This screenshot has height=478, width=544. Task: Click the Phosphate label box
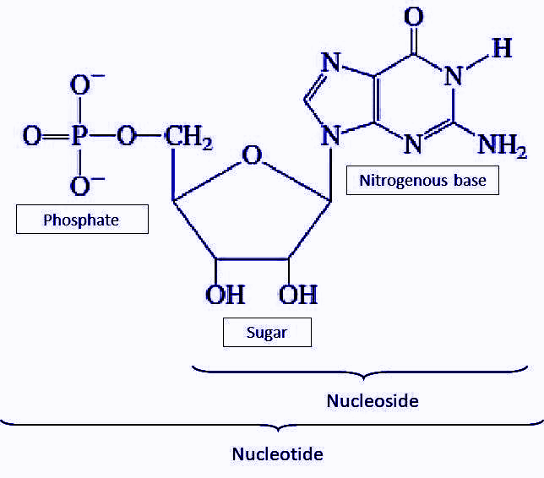pos(82,220)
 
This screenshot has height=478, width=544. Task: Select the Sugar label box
pos(267,332)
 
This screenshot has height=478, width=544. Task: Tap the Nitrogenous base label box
pos(422,180)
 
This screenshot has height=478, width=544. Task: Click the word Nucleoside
pos(373,400)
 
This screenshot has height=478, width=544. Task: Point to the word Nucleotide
pos(278,454)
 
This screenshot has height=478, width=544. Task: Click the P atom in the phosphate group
pos(79,136)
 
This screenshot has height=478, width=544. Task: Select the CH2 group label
pos(188,137)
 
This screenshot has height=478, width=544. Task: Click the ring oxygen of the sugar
pos(251,156)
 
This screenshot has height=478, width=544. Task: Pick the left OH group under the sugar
pos(225,295)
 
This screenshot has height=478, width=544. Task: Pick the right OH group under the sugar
pos(298,295)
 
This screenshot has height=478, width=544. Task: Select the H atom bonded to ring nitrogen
pos(502,48)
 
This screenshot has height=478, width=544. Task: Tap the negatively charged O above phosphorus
pos(80,84)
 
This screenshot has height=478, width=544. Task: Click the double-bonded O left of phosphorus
pos(31,136)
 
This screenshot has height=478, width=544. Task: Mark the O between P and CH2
pos(127,136)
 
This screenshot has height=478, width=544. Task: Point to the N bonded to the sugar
pos(330,134)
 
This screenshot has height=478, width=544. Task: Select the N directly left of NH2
pos(413,144)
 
